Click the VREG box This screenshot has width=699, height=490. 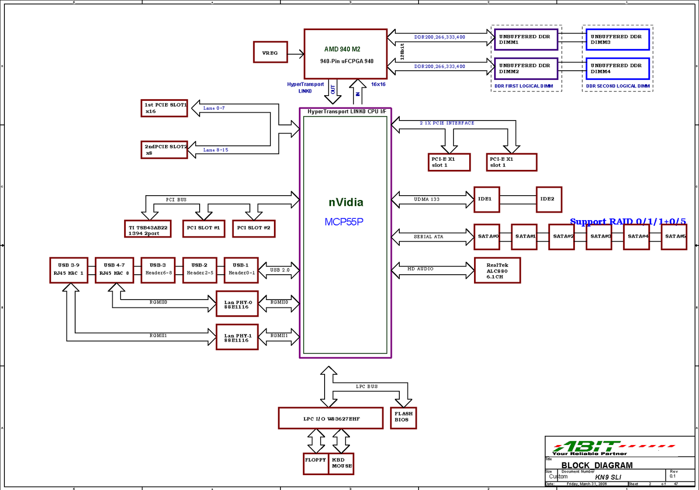(270, 52)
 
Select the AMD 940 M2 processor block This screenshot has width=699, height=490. (346, 54)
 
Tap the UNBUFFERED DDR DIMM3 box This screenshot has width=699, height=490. (617, 40)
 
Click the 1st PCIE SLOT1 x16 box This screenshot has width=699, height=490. (164, 108)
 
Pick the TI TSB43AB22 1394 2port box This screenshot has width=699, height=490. (148, 229)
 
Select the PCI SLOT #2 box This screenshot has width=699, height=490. (253, 228)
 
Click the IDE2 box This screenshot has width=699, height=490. (549, 200)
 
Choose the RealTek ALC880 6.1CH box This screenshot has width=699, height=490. (497, 271)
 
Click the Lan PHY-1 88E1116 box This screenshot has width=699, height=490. (237, 337)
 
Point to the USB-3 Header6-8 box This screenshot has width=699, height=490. (158, 270)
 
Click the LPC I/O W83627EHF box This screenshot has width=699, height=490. (331, 418)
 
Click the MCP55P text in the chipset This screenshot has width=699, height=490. (344, 222)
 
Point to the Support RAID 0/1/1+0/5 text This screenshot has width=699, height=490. (627, 221)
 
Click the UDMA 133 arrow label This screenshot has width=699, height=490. (427, 200)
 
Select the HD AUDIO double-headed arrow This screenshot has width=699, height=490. (433, 270)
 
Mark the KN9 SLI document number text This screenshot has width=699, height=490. (608, 477)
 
